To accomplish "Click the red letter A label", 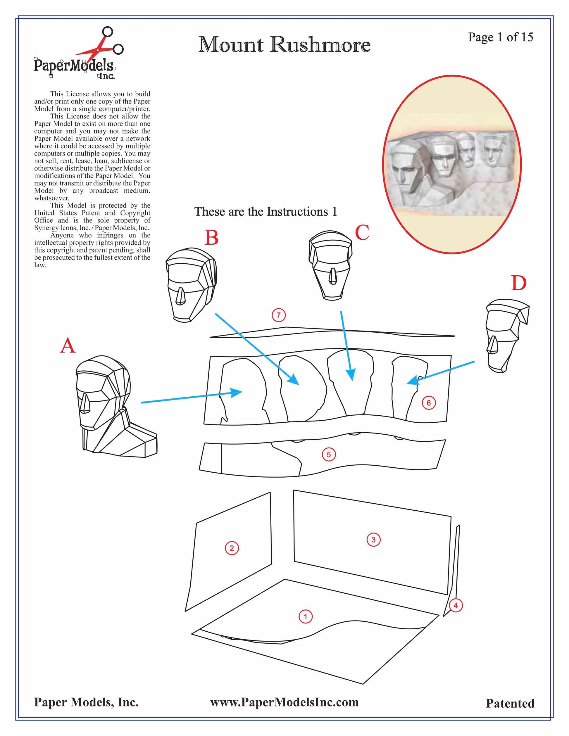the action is click(x=68, y=346).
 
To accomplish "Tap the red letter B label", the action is click(x=211, y=238).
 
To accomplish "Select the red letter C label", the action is click(x=362, y=233).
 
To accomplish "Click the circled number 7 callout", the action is click(x=279, y=315).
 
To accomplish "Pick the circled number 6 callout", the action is click(x=429, y=403).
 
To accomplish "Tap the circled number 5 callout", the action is click(x=329, y=455).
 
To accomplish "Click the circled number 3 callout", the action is click(x=373, y=540).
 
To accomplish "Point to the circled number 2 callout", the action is click(x=232, y=548).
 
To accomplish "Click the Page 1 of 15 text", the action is click(x=501, y=37).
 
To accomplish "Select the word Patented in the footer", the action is click(x=510, y=703).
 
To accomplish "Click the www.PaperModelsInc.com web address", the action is click(x=284, y=702).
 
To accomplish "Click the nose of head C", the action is click(x=333, y=275).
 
